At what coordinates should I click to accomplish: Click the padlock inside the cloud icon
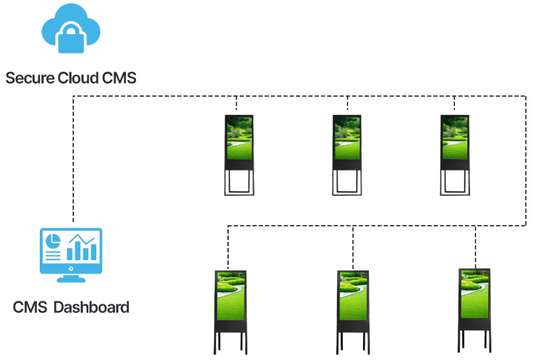click(71, 37)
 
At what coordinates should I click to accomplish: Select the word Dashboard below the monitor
click(91, 307)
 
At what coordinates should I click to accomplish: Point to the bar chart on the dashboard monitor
click(82, 249)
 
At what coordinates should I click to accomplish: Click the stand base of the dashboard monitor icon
click(71, 278)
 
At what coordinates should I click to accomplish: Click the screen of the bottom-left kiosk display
click(231, 296)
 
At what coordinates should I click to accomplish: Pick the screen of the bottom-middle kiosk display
click(354, 296)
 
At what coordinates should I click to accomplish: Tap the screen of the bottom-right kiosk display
click(476, 294)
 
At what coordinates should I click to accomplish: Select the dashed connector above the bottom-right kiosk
click(476, 246)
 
